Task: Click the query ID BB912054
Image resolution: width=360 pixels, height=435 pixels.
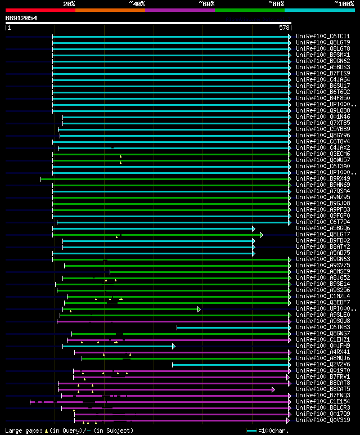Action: pyautogui.click(x=21, y=18)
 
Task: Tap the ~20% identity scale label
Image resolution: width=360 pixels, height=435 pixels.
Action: pyautogui.click(x=69, y=3)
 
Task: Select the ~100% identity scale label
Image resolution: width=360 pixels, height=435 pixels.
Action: pyautogui.click(x=344, y=3)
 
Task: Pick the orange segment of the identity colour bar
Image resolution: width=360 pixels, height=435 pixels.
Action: pyautogui.click(x=110, y=10)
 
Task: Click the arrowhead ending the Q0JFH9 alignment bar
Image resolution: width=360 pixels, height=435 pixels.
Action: pyautogui.click(x=174, y=346)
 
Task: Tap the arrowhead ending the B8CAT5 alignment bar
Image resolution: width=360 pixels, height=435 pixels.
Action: pyautogui.click(x=273, y=389)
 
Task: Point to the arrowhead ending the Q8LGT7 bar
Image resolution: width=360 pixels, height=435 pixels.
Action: pyautogui.click(x=262, y=235)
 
